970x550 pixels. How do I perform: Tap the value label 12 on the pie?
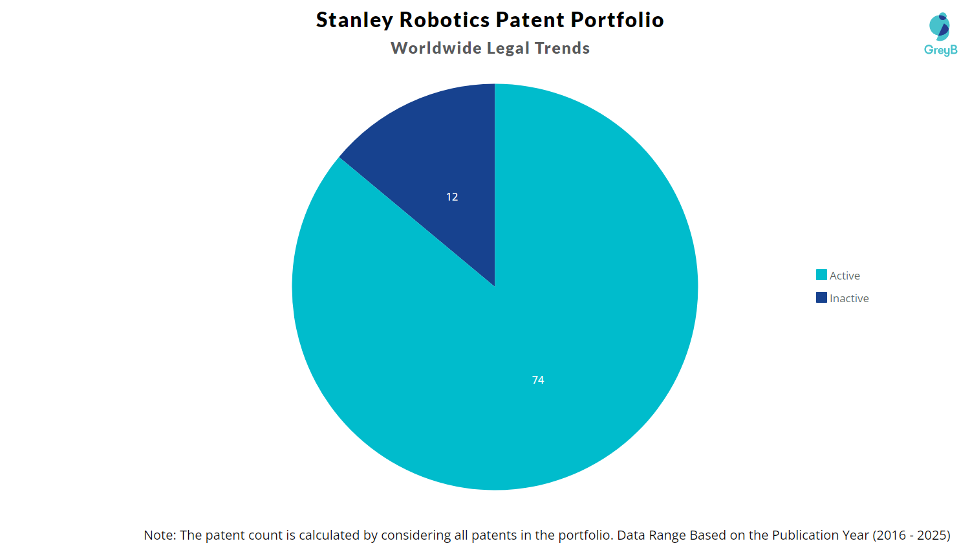(452, 197)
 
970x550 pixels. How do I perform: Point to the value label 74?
(538, 380)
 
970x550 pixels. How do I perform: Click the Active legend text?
(845, 276)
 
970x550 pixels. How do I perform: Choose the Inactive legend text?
(849, 298)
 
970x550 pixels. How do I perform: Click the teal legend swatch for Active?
(821, 275)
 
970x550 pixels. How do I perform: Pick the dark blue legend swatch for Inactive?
(821, 298)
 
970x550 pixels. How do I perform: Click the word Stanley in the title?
(354, 20)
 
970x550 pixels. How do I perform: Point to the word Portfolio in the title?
(617, 20)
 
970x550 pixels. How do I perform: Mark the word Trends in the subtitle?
(562, 49)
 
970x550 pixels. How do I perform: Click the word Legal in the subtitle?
(508, 49)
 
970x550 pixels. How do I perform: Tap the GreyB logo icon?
(940, 27)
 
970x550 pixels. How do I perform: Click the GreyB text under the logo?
(940, 50)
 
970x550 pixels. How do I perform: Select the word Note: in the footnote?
(160, 535)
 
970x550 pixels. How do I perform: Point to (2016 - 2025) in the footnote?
(911, 535)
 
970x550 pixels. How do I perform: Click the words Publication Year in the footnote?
(821, 535)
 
